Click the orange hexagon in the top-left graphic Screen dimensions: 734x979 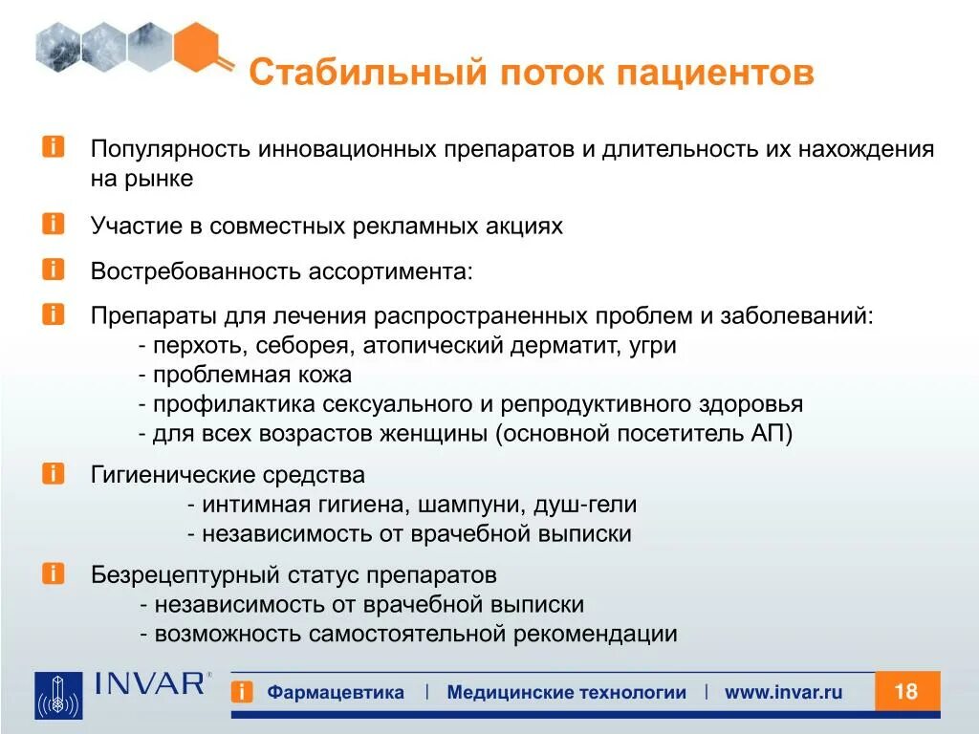point(199,47)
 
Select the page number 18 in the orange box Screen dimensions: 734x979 point(906,691)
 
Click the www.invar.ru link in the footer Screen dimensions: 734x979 point(783,693)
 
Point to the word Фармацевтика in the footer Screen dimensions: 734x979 point(336,693)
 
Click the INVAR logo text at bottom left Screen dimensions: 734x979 point(151,683)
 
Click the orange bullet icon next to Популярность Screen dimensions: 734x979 point(54,148)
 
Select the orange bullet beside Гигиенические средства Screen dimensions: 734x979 point(54,473)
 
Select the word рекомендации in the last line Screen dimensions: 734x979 point(595,634)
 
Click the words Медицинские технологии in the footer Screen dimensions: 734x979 point(566,693)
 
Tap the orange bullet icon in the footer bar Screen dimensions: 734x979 point(243,693)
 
